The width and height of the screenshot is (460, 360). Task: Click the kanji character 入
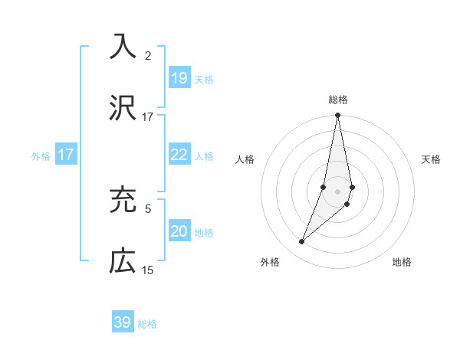coord(123,47)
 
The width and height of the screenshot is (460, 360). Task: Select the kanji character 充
coord(123,199)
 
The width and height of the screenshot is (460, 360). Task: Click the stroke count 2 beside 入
coord(148,55)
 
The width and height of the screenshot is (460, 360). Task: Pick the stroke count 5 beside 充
coord(148,208)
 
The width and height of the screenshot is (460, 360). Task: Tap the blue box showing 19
coord(179,78)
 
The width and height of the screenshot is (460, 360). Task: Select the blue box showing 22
coord(179,155)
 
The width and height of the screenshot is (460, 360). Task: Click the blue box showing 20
coord(179,231)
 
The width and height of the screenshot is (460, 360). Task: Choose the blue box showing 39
coord(123,322)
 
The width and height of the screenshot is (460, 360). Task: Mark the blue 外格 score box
coord(66,155)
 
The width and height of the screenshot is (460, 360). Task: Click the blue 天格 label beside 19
coord(204,80)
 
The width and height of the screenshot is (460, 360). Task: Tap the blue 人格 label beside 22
coord(204,156)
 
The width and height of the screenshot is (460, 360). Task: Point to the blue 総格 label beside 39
coord(147,324)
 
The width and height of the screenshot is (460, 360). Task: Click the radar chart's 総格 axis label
coord(338,100)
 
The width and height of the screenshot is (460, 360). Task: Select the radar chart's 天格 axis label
coord(432,159)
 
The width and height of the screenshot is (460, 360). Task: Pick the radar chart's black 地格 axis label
coord(402,263)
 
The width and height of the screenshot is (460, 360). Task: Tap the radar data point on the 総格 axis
coord(338,116)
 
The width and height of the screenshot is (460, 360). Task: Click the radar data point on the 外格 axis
coord(302,242)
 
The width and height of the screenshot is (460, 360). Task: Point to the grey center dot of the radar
coord(338,191)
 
